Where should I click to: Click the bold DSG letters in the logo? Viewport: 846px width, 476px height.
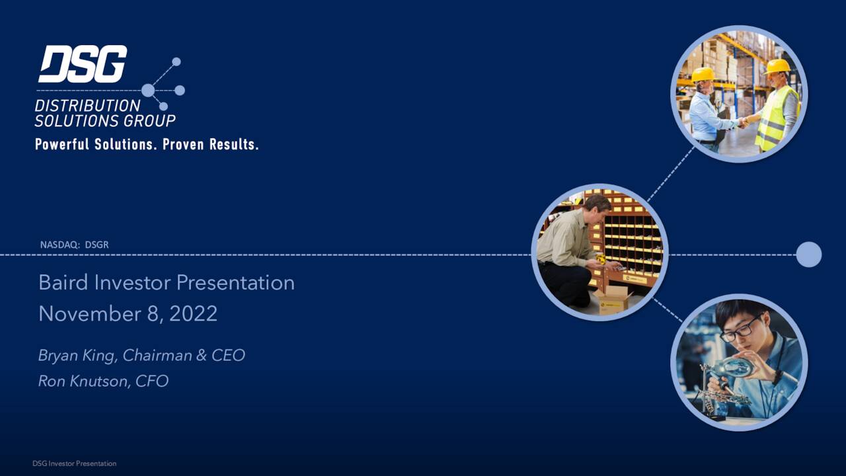83,65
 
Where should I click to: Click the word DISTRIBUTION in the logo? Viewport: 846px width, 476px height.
87,106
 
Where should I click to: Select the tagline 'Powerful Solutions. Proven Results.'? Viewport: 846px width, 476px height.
146,144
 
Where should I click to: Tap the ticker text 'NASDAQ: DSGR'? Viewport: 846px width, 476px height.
74,245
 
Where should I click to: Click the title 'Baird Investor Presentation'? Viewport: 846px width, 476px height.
167,282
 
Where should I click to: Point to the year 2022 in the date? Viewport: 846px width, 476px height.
193,313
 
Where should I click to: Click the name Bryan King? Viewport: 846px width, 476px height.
78,355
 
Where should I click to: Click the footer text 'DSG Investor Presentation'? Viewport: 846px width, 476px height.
74,463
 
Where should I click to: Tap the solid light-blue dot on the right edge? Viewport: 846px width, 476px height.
808,255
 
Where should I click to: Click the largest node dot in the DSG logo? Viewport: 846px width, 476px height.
148,90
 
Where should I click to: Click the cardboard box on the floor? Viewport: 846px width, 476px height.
612,299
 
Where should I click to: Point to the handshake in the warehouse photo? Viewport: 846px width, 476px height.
744,122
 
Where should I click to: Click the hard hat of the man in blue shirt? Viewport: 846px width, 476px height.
703,74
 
